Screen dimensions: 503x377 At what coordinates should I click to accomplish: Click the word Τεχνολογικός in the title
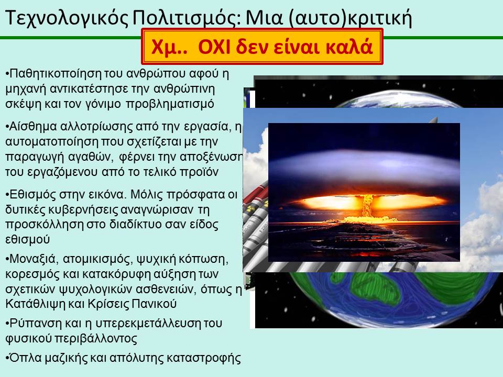pos(67,18)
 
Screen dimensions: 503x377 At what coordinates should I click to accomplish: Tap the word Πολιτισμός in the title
pos(186,18)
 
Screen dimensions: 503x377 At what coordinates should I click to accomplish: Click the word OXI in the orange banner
pos(214,47)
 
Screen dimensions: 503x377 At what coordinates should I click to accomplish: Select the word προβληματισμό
pos(169,104)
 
